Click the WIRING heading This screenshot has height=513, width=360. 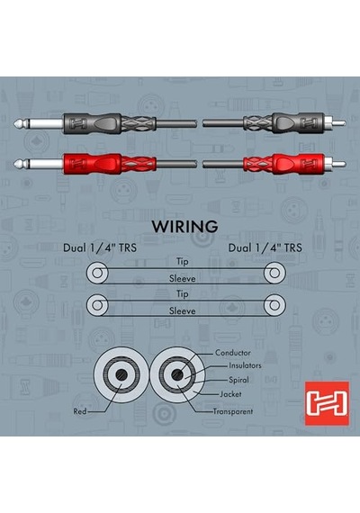pyautogui.click(x=184, y=227)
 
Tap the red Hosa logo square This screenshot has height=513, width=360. pyautogui.click(x=327, y=403)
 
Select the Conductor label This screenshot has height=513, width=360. pyautogui.click(x=233, y=353)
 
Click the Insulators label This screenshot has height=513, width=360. pyautogui.click(x=245, y=365)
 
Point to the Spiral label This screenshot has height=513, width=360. pyautogui.click(x=238, y=380)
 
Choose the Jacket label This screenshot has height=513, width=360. pyautogui.click(x=230, y=394)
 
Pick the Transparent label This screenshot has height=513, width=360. pyautogui.click(x=233, y=411)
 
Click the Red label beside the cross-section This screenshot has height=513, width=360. pyautogui.click(x=80, y=411)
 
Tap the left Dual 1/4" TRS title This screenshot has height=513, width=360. pyautogui.click(x=100, y=247)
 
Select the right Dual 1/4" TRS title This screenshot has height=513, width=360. pyautogui.click(x=265, y=247)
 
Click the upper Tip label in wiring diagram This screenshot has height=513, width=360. pyautogui.click(x=183, y=262)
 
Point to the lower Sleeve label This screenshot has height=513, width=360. pyautogui.click(x=183, y=310)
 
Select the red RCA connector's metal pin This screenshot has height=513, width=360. pyautogui.click(x=339, y=163)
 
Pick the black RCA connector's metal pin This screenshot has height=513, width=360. pyautogui.click(x=339, y=123)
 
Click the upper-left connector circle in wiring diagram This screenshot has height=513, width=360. pyautogui.click(x=97, y=273)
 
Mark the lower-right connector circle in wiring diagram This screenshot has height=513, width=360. pyautogui.click(x=274, y=305)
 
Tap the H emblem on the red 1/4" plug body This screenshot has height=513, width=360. pyautogui.click(x=76, y=163)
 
